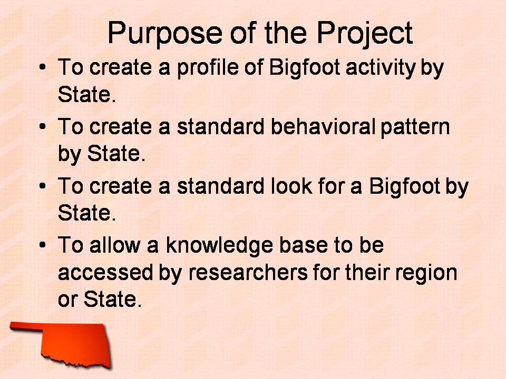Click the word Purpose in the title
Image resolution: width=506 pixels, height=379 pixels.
(164, 33)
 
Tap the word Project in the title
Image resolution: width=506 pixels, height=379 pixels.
(364, 33)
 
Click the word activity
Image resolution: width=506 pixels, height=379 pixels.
(381, 68)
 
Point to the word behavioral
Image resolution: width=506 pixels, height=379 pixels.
(323, 126)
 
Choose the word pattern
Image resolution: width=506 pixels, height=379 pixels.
(415, 127)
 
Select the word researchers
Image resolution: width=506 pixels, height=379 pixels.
(248, 273)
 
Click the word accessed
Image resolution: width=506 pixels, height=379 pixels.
(105, 273)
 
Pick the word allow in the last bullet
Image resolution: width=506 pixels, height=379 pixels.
(115, 246)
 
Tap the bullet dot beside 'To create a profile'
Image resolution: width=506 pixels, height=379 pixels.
(42, 67)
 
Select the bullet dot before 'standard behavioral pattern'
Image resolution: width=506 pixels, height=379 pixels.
(42, 126)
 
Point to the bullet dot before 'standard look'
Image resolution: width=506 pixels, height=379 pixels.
(42, 186)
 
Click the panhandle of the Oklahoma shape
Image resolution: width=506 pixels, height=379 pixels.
(26, 326)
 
